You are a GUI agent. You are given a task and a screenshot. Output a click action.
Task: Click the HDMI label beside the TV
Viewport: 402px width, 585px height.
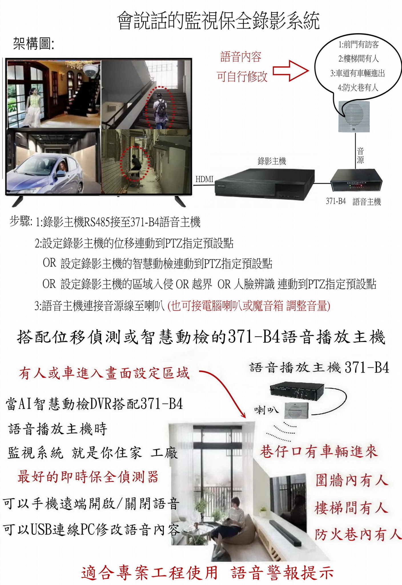[204, 179]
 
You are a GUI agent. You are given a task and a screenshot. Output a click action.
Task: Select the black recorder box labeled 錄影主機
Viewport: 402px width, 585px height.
[264, 183]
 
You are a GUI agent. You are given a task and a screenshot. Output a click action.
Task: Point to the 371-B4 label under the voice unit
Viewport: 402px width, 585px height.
[336, 201]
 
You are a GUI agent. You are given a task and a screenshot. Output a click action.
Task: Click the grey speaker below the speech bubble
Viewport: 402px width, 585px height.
[354, 116]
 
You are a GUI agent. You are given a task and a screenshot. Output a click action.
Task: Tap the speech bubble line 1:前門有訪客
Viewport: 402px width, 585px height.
[359, 45]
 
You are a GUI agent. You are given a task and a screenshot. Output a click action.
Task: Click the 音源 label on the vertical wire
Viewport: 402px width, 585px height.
[360, 155]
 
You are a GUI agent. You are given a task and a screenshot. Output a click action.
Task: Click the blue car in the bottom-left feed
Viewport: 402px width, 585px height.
[46, 174]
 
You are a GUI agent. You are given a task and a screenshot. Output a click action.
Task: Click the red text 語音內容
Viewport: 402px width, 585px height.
[241, 57]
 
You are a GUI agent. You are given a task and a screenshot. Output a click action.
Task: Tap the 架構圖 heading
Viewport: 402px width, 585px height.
[34, 44]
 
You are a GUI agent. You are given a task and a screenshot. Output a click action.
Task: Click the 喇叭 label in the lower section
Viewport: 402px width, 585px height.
[264, 410]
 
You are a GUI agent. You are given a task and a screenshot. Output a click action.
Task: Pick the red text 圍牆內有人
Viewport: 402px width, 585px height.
[352, 480]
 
